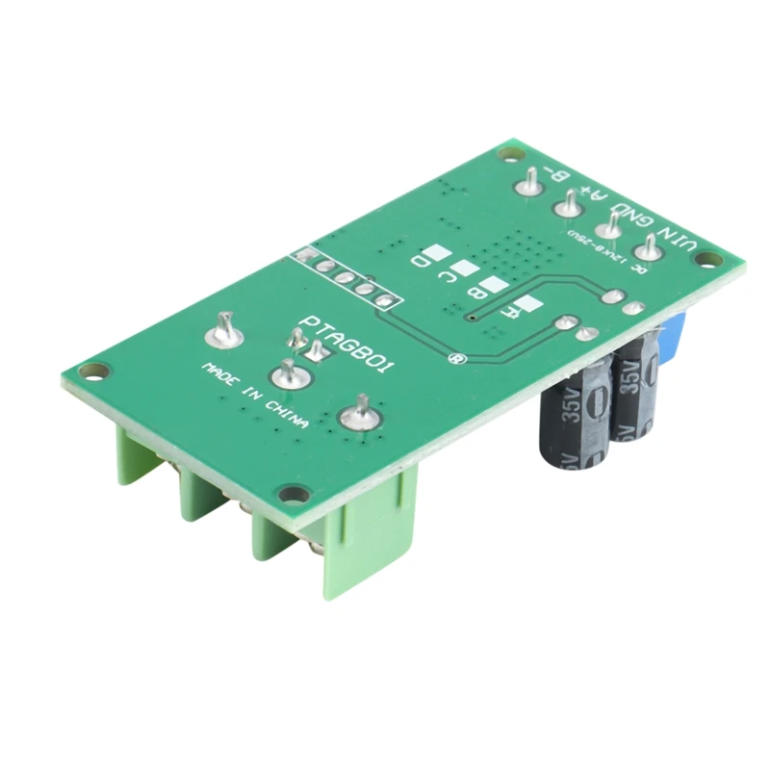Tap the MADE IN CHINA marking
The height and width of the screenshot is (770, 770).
click(254, 396)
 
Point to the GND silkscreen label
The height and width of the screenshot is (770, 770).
click(639, 218)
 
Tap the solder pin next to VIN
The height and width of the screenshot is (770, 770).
click(650, 247)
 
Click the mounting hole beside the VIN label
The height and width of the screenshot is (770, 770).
click(710, 259)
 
